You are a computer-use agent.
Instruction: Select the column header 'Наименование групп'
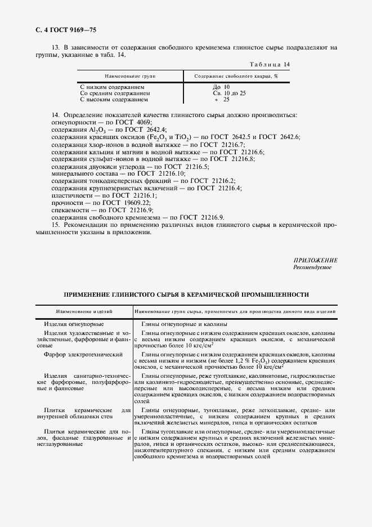130,75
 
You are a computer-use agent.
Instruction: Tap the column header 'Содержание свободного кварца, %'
236,75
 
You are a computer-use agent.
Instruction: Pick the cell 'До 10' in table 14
221,87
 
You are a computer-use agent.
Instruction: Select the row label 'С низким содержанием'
112,87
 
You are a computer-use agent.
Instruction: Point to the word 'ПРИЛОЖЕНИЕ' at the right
315,260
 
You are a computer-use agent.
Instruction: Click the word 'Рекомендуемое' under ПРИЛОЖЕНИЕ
312,267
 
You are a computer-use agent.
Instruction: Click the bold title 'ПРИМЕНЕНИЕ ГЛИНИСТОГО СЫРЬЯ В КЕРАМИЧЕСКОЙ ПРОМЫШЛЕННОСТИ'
186,294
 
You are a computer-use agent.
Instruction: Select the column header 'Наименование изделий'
84,310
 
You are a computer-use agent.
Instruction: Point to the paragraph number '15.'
56,225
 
